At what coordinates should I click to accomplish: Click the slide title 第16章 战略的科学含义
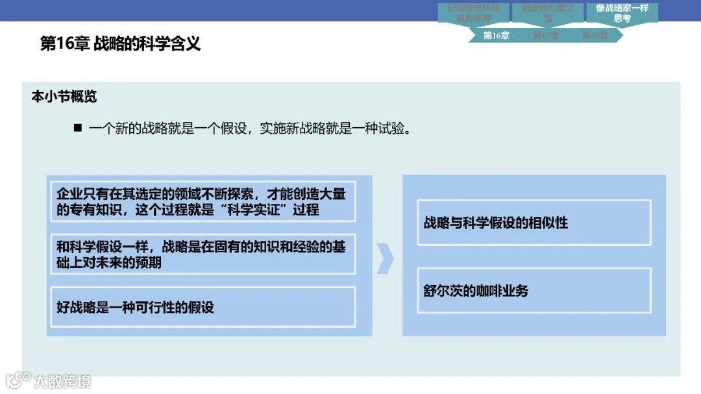120,44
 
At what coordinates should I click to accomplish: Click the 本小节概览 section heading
64,97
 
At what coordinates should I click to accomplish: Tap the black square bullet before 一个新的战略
78,128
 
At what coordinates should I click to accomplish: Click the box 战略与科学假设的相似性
534,223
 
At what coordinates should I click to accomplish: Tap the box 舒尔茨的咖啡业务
534,290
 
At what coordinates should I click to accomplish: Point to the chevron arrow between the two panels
386,258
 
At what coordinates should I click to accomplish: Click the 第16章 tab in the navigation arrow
496,36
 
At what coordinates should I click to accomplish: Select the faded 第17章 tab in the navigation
545,36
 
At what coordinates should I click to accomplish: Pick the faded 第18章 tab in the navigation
594,36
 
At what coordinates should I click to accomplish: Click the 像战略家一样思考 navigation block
622,13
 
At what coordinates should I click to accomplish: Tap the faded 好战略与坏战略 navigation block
473,13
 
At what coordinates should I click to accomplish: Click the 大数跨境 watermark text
63,381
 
